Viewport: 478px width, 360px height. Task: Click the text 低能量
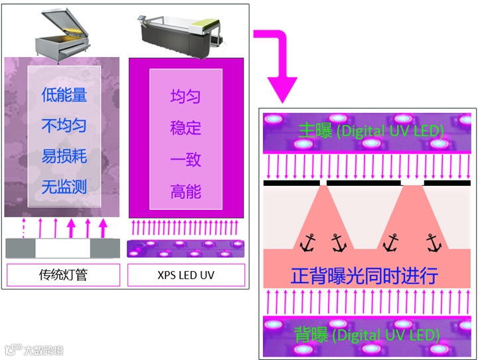64,95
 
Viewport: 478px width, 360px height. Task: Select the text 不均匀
64,126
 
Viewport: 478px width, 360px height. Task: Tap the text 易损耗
64,157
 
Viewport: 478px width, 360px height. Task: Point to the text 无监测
64,187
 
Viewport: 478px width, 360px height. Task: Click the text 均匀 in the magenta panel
185,97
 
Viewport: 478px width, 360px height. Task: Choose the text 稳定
185,128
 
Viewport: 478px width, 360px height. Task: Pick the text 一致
185,160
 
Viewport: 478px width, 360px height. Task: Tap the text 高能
185,192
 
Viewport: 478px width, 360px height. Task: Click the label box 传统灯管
63,274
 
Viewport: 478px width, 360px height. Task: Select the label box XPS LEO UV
186,274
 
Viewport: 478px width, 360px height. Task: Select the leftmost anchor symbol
307,243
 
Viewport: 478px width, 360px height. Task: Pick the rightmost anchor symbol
434,243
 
